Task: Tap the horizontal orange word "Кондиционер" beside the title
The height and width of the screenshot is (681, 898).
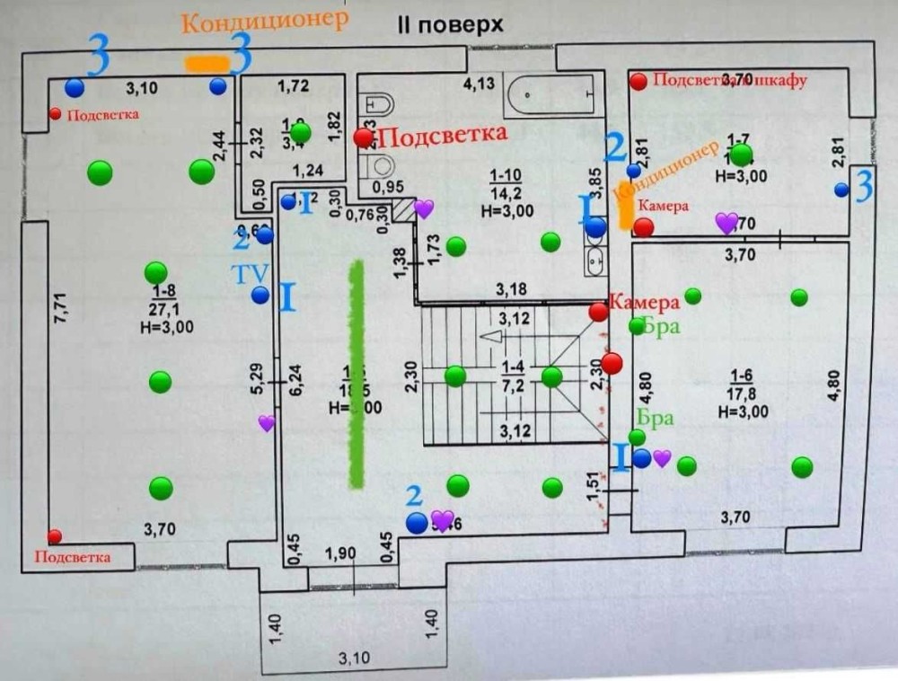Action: coord(264,22)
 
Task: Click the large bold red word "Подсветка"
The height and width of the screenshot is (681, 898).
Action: coord(443,136)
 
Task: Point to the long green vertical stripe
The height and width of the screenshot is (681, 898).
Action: coord(357,374)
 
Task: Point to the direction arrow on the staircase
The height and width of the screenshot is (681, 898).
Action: coord(492,337)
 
